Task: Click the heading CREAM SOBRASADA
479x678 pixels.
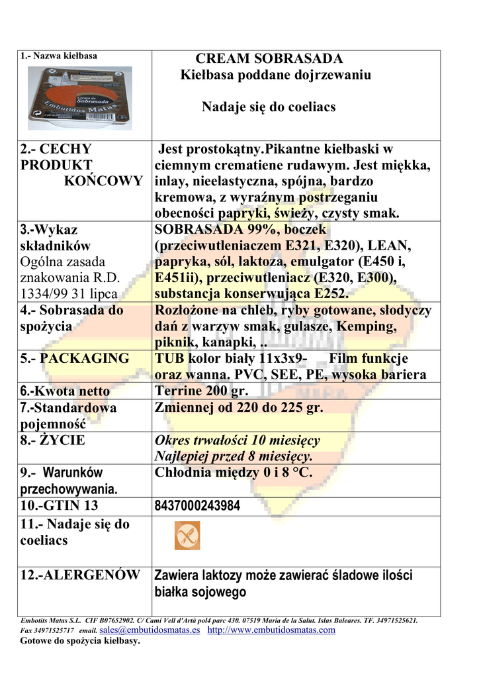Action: [x=269, y=59]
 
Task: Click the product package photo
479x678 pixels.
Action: [x=79, y=97]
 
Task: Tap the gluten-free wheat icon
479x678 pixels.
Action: [x=187, y=536]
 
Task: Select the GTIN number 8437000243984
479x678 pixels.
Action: [x=196, y=507]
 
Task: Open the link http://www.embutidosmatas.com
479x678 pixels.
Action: [x=271, y=630]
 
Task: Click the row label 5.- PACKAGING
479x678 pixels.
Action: [x=75, y=358]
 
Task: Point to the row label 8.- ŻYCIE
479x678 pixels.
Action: [x=53, y=440]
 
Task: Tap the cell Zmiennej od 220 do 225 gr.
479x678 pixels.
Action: [x=239, y=408]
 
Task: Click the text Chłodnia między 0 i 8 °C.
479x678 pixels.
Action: [x=233, y=473]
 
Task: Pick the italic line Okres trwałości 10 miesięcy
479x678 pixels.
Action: [x=237, y=440]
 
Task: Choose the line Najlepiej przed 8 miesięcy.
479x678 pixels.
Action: [x=234, y=456]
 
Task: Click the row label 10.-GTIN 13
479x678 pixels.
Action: [x=59, y=507]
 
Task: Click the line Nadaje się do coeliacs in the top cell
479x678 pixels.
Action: [x=269, y=107]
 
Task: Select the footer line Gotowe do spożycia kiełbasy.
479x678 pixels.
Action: [x=80, y=641]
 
